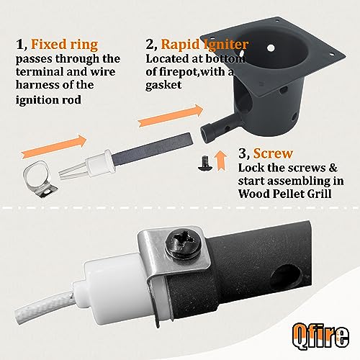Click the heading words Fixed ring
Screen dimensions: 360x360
pos(65,45)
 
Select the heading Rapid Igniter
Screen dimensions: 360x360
pos(204,45)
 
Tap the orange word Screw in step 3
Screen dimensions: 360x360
pos(273,153)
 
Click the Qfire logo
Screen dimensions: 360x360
pos(320,336)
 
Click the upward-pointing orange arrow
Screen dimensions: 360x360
pos(220,161)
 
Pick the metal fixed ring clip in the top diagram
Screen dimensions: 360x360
pos(40,179)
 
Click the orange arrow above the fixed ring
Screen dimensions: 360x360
pos(54,146)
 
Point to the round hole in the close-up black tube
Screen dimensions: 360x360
pos(286,277)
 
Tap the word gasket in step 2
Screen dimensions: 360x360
pos(163,85)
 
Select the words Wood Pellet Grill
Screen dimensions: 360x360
pos(285,194)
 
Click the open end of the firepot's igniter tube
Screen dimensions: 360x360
pos(207,134)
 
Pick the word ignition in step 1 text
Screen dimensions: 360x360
pos(35,99)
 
